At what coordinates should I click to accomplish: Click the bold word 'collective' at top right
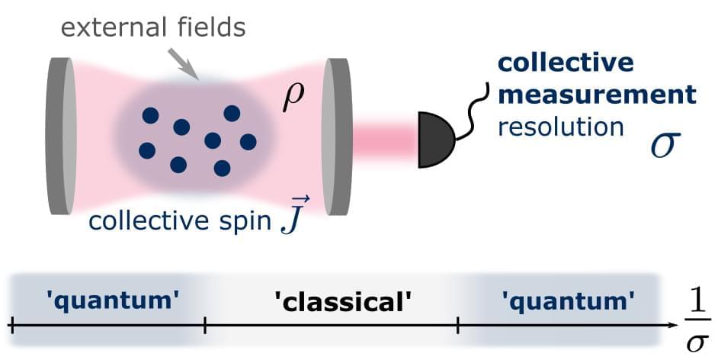coord(566,62)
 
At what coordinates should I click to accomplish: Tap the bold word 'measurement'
coord(597,95)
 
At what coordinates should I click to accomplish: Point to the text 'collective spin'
coord(180,221)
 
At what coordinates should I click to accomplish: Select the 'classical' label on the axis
coord(343,302)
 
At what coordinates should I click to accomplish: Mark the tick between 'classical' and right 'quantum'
coord(457,326)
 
